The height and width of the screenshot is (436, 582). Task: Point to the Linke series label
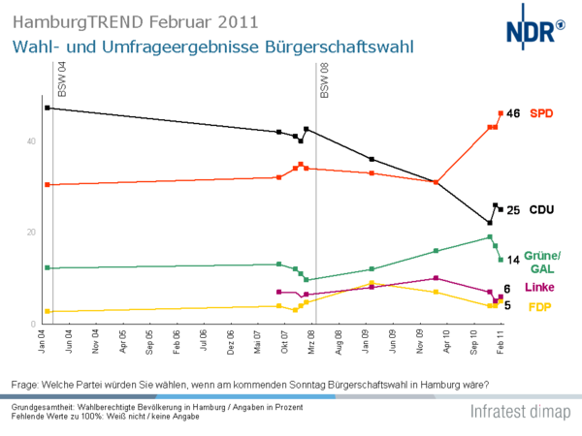point(541,289)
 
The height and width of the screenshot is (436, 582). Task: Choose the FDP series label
point(539,307)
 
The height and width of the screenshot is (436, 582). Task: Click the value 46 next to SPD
point(513,113)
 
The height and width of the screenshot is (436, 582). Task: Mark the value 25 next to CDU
point(514,210)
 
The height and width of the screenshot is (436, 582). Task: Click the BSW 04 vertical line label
point(62,79)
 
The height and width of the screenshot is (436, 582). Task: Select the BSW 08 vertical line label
point(325,79)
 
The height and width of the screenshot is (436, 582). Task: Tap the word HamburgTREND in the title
point(64,20)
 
